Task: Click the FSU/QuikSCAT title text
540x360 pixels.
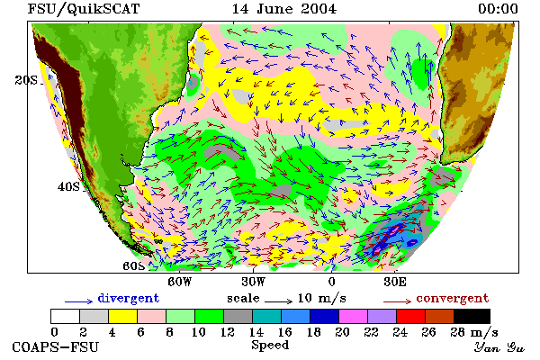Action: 84,9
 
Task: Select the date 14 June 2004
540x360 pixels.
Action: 284,9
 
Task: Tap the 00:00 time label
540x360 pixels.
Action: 498,9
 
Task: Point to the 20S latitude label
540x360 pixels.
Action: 26,80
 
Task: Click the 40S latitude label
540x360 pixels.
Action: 68,186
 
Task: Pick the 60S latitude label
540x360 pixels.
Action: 133,265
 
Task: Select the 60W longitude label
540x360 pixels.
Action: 179,282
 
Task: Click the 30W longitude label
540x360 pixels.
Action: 254,282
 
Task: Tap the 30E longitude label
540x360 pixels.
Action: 395,282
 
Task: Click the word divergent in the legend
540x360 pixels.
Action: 129,298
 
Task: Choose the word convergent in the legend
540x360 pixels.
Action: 452,298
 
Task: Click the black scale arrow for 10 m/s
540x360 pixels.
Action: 279,301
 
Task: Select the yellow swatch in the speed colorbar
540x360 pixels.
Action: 123,316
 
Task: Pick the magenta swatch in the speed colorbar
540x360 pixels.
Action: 354,316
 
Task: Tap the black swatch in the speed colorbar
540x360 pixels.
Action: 472,316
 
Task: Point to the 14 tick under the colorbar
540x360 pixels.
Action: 256,332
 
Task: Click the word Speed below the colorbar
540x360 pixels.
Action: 270,346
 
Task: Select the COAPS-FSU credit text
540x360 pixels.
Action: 56,347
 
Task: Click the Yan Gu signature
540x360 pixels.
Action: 499,347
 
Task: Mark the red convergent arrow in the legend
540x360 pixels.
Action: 397,301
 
